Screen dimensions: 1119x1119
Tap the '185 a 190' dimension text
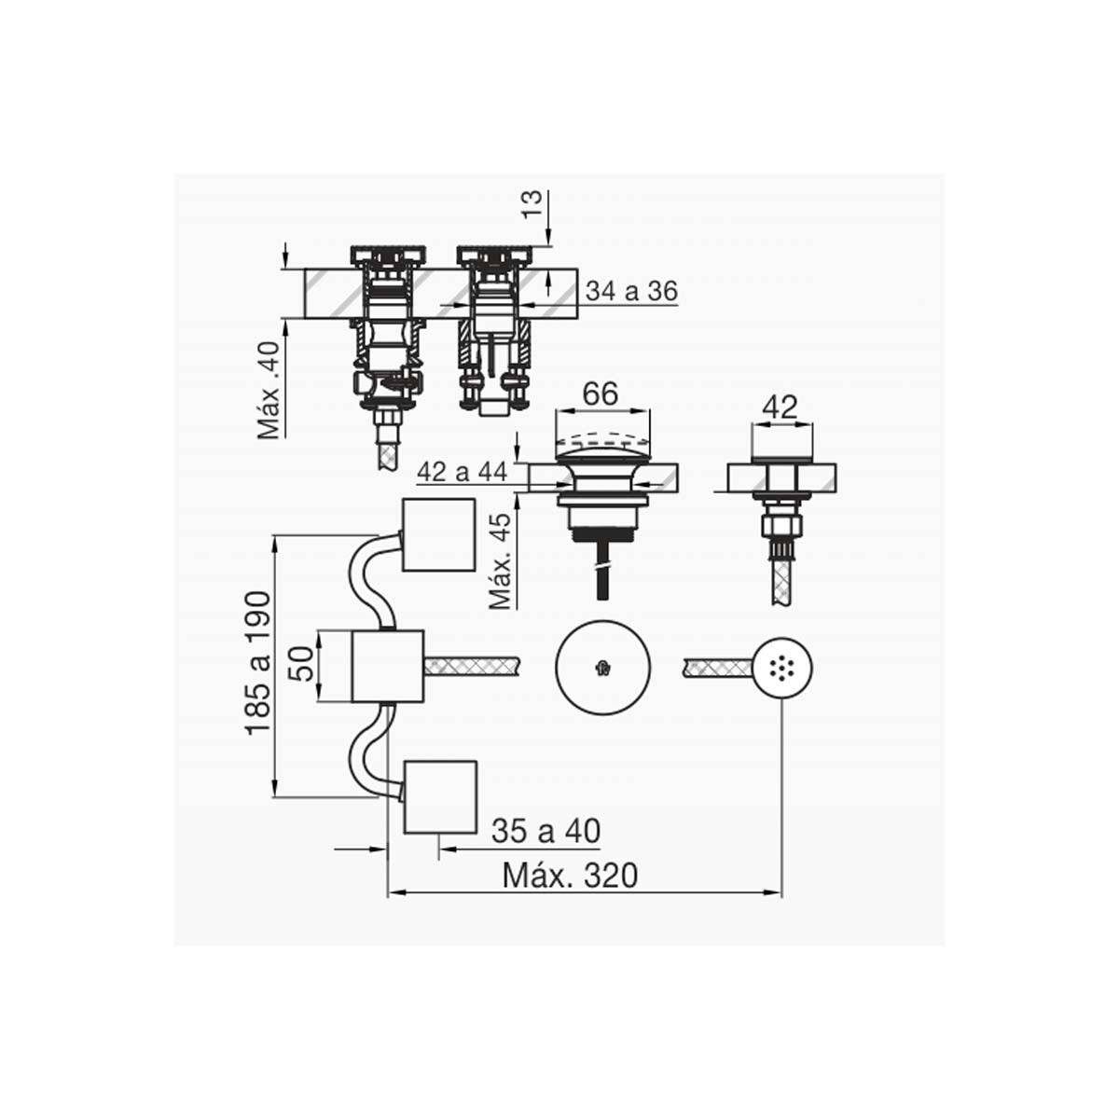(258, 663)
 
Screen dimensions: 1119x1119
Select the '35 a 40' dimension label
(546, 831)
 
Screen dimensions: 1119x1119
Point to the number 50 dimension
(302, 663)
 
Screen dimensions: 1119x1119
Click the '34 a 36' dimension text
(631, 290)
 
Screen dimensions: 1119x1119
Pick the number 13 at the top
(532, 204)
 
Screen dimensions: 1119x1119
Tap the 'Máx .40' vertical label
(269, 390)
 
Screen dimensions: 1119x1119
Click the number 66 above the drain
(601, 394)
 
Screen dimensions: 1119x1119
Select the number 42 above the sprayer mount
(781, 408)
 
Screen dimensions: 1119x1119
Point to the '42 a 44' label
(462, 472)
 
